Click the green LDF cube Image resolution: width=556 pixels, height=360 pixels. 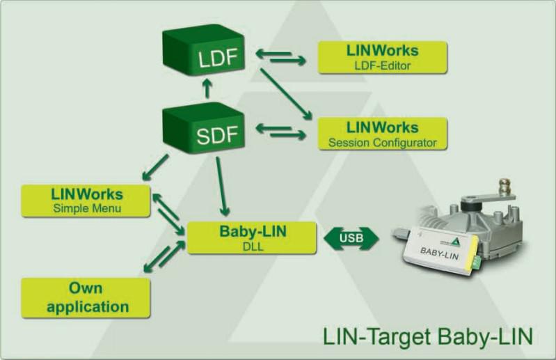coord(203,49)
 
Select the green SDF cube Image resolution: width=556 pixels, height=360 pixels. coord(203,127)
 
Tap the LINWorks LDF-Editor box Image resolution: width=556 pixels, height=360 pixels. coord(382,58)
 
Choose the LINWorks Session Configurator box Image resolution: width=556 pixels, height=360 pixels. coord(382,134)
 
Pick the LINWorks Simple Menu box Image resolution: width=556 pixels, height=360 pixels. coord(86,201)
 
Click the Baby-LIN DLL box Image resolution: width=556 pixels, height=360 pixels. coord(252,237)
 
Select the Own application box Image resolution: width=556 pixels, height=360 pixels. coord(86,297)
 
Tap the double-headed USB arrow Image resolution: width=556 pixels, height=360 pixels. coord(351,238)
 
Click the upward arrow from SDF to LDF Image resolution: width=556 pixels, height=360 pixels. coord(207,88)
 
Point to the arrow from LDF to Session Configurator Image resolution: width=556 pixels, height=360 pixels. coord(286,94)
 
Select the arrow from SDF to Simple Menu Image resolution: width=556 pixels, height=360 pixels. coord(155,167)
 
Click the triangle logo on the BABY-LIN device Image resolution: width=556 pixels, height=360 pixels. coord(455,242)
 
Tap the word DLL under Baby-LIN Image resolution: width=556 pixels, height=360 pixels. coord(253,246)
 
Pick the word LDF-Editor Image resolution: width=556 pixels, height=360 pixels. coord(382,65)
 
